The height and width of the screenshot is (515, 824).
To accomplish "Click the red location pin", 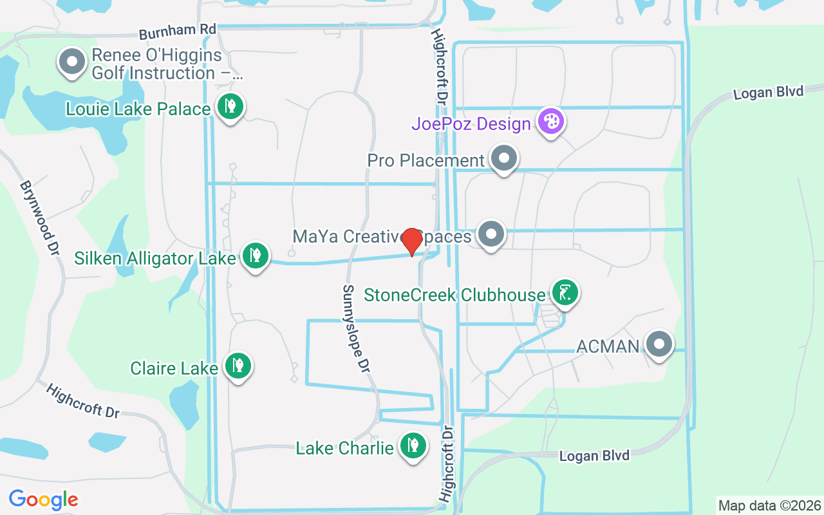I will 412,241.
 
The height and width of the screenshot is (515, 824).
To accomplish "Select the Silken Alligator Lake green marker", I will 256,256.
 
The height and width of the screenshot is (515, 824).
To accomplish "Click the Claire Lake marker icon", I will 238,366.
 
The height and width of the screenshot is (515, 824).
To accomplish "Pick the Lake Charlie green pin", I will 413,445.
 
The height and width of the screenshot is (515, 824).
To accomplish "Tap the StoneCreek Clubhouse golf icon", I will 565,293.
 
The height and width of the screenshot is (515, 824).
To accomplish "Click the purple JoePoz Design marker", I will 551,121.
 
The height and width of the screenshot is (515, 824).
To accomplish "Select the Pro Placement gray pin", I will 504,158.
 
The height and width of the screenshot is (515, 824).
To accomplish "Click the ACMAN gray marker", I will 659,344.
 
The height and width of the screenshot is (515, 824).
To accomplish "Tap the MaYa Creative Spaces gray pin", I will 492,234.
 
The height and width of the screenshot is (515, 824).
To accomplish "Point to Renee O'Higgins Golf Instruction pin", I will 72,62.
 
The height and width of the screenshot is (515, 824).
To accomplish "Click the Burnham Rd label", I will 177,30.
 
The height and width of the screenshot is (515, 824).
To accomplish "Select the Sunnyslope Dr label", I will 356,328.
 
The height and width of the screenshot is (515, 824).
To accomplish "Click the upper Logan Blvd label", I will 768,92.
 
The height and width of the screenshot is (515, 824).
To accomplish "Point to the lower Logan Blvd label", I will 594,456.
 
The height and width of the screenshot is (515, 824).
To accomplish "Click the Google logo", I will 43,500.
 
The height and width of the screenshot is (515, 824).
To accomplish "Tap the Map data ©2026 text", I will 769,505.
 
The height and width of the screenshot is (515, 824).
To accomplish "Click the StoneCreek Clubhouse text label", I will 454,295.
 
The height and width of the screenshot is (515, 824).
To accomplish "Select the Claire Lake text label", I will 174,368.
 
